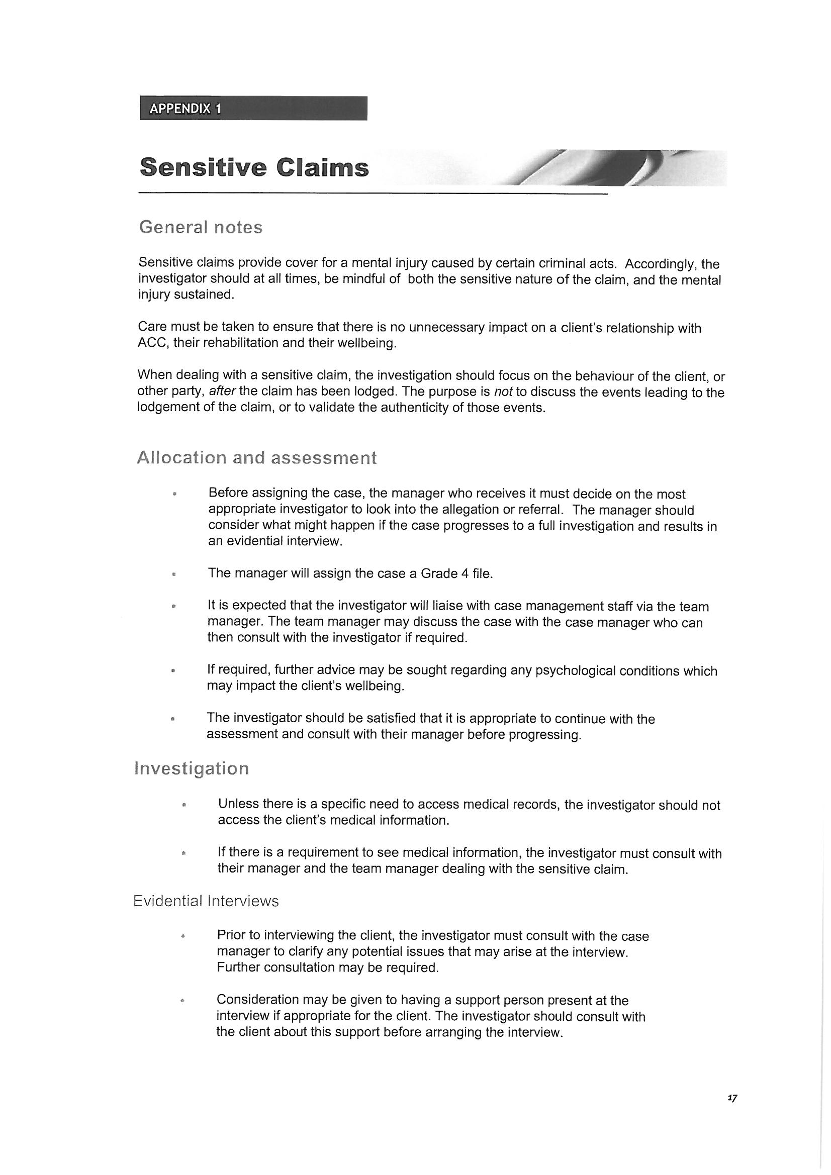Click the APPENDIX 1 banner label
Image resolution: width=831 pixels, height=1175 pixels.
(x=186, y=109)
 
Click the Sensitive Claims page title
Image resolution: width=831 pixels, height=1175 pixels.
(x=254, y=168)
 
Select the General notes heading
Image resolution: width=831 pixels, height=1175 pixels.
(x=201, y=227)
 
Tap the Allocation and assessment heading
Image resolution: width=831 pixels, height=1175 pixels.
(x=256, y=457)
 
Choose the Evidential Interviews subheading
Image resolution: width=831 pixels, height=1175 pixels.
(x=206, y=901)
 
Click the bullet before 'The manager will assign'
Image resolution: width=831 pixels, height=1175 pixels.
(x=174, y=575)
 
